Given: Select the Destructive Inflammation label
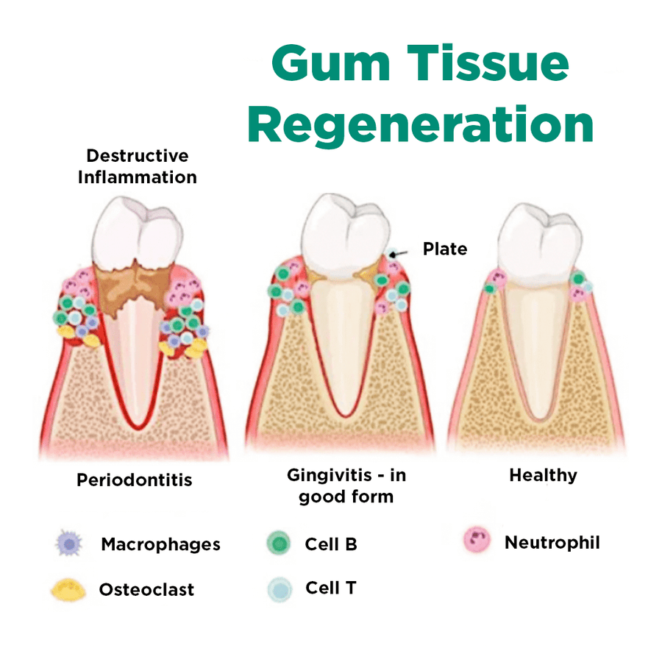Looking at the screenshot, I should (138, 166).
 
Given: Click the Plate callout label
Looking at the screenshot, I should (444, 249).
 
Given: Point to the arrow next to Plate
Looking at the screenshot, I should (399, 254).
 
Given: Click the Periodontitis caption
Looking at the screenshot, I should (135, 480).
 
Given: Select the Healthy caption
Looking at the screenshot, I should (543, 475).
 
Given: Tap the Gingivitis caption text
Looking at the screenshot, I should (346, 485).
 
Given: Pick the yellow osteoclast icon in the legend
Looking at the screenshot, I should (67, 589).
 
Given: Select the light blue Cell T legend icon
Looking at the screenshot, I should (278, 589).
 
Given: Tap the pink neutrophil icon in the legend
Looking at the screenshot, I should (477, 541).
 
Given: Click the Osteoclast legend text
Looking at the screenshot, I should (146, 589).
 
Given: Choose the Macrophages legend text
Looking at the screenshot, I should (160, 544).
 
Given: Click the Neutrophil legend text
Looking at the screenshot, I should (552, 543).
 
